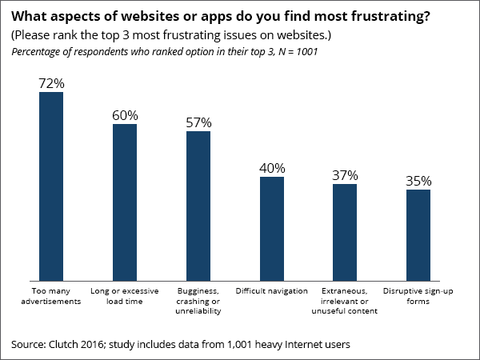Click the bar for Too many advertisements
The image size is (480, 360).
[x=51, y=186]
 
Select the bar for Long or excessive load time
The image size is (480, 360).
[x=125, y=202]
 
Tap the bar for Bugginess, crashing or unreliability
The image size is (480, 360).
[x=198, y=206]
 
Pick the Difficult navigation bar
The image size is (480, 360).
[x=272, y=228]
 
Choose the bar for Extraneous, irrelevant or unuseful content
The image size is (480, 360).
[x=345, y=232]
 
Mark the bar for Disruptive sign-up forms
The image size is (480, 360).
[x=418, y=234]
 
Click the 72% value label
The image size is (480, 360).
[x=51, y=83]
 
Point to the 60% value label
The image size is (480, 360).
[x=125, y=115]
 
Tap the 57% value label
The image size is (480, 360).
[x=198, y=122]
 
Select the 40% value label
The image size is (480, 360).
[x=272, y=168]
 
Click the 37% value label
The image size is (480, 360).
[x=345, y=175]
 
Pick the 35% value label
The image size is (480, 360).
[x=418, y=181]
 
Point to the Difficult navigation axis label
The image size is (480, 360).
[x=272, y=290]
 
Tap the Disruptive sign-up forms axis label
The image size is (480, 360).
[x=418, y=295]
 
